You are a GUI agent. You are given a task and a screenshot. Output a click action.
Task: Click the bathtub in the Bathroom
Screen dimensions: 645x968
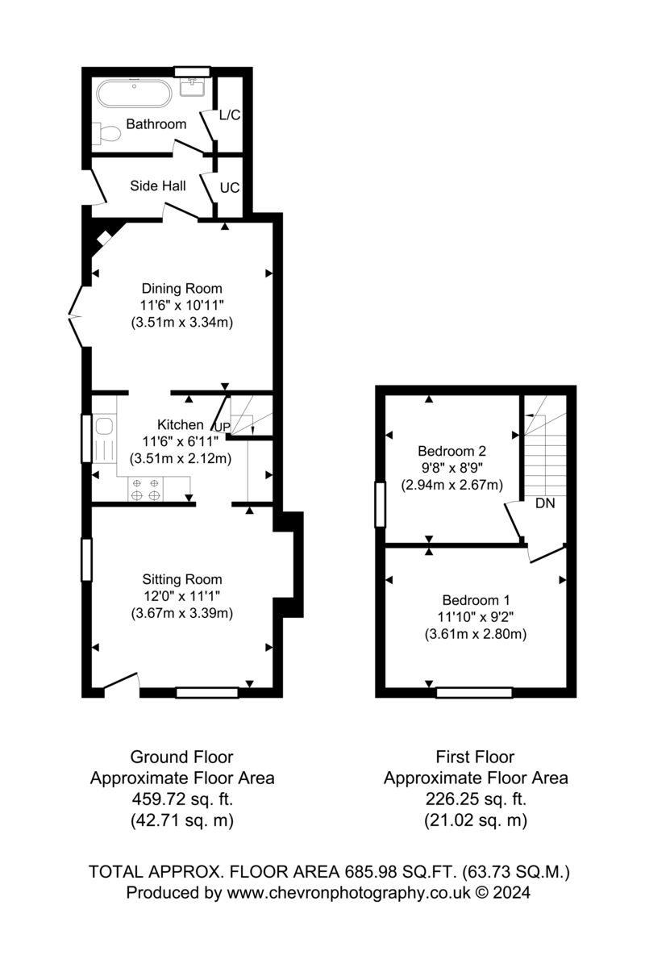(x=134, y=94)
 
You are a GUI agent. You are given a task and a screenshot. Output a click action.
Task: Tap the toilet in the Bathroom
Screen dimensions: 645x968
(x=106, y=134)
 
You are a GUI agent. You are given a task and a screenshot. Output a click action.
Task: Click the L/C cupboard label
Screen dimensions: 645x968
(x=230, y=115)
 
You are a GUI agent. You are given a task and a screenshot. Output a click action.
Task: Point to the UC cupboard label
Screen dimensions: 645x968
(x=230, y=188)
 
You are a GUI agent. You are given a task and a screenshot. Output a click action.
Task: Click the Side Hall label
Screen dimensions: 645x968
(x=158, y=186)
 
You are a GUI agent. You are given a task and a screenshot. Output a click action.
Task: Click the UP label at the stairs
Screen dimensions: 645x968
(x=223, y=427)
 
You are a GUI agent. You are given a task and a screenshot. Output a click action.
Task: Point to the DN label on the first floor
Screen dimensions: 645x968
(x=545, y=503)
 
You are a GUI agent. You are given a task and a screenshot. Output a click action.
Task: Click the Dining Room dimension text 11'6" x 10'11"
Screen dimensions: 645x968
(x=182, y=306)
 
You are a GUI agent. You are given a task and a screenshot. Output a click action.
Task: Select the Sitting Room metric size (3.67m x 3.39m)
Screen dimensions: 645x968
(x=182, y=613)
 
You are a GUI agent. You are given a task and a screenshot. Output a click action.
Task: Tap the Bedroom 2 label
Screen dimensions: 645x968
(x=451, y=451)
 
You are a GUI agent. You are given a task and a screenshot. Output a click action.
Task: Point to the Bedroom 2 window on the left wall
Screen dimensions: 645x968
(x=381, y=505)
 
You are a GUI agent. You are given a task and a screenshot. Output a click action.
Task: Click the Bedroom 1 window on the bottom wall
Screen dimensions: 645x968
(x=474, y=693)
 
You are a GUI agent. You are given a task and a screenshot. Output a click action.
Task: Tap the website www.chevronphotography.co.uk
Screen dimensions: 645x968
(x=348, y=892)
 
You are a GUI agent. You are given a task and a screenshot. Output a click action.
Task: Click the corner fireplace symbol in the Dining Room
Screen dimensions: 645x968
(x=104, y=238)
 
